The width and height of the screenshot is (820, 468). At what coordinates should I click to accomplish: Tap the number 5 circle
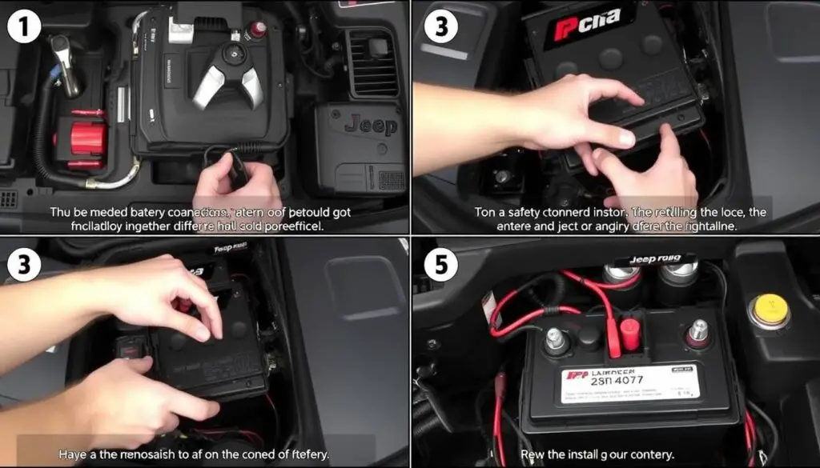click(440, 265)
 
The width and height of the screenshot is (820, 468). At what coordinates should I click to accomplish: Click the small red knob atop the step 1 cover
click(258, 30)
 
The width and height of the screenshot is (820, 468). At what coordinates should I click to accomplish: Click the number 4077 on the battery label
click(632, 382)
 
